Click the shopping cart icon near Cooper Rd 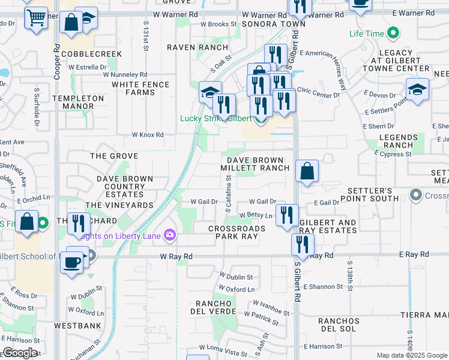36,17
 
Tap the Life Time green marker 393,34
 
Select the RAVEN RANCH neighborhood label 190,47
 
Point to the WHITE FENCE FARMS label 133,88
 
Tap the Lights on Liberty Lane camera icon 170,235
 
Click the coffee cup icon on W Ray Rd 72,262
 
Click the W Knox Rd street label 148,135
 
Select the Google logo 20,353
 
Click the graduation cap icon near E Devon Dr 417,90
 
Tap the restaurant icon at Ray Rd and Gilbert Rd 302,245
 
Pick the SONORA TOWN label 265,24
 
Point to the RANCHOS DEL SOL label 339,325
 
